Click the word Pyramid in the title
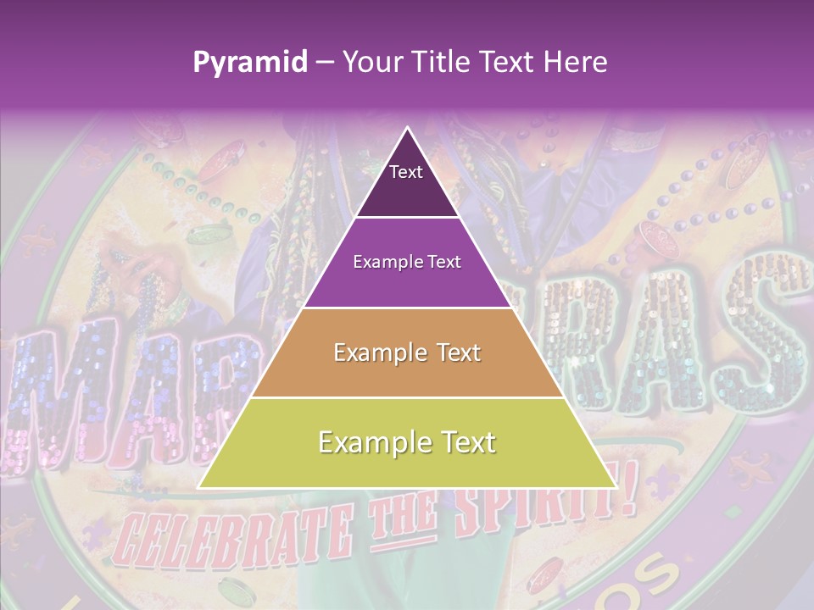click(x=249, y=62)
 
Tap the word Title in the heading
click(x=444, y=62)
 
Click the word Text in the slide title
click(x=507, y=62)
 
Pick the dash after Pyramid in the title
click(x=323, y=63)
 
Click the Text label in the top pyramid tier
click(x=405, y=172)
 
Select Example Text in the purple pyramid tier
click(x=407, y=262)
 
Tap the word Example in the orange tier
click(x=377, y=352)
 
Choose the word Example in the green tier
click(x=370, y=442)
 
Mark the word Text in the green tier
click(x=464, y=442)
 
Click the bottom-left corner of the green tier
click(x=200, y=487)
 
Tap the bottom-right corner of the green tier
click(x=615, y=487)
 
